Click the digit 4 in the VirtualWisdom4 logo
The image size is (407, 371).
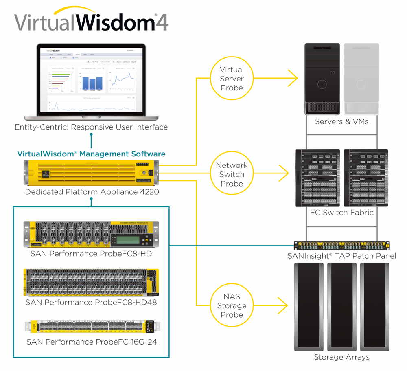click(161, 22)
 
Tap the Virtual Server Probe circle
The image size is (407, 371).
click(232, 79)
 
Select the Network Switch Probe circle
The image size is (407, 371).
click(232, 174)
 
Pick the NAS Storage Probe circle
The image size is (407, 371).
click(232, 305)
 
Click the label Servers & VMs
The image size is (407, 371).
click(341, 121)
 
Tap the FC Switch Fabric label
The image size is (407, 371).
click(341, 212)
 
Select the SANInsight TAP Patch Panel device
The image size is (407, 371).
click(341, 246)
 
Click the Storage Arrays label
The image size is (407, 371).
click(341, 357)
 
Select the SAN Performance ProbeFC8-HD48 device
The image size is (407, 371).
click(91, 282)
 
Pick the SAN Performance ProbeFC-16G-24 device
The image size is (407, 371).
click(92, 327)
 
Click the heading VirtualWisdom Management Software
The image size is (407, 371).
click(91, 154)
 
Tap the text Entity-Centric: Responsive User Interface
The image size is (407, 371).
click(91, 127)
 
